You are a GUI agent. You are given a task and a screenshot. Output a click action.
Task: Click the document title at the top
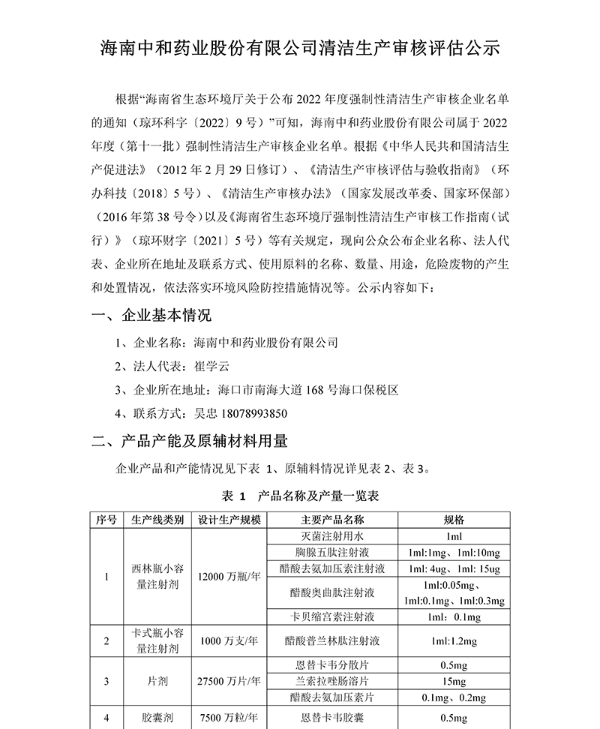tap(299, 49)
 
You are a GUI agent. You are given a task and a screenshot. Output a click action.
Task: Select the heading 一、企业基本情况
tap(151, 314)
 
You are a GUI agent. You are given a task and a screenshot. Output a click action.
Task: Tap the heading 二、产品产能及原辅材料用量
tap(190, 439)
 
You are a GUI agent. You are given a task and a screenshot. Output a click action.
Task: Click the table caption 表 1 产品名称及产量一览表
tap(299, 496)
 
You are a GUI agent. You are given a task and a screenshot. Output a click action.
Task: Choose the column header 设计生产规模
tap(229, 520)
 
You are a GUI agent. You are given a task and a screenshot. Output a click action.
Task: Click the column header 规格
tap(454, 520)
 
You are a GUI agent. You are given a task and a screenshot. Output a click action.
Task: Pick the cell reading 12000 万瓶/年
tap(229, 577)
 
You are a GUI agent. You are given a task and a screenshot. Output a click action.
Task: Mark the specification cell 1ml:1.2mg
tap(454, 641)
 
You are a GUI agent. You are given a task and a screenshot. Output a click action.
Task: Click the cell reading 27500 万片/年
tap(229, 682)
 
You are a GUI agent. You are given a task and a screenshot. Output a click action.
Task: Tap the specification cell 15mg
tap(454, 682)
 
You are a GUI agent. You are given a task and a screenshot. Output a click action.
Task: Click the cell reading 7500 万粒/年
tap(229, 718)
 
